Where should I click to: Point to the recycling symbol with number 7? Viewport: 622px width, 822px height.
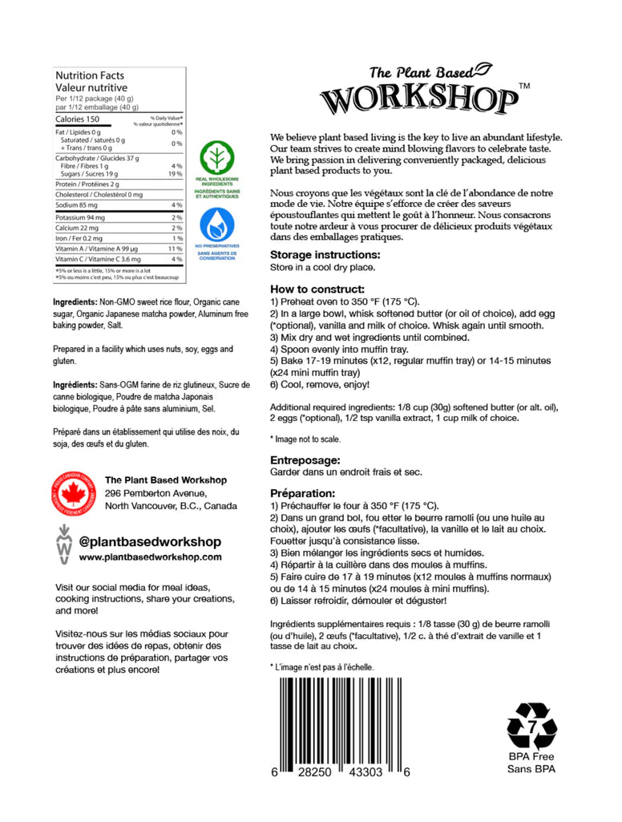(531, 725)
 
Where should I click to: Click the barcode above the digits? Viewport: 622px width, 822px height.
(343, 719)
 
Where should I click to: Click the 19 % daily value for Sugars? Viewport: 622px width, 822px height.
(176, 174)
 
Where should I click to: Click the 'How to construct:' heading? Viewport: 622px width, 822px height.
(317, 289)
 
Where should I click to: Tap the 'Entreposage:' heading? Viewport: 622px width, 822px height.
(305, 460)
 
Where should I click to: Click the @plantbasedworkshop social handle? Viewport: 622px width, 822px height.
(150, 541)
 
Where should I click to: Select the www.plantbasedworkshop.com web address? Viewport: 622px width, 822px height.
(151, 557)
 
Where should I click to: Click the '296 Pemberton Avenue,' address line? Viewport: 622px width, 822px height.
(155, 493)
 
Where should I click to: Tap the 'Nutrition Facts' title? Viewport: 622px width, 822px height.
(87, 75)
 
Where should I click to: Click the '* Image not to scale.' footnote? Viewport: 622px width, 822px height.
(305, 439)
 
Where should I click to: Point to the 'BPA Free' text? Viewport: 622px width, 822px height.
(531, 756)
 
